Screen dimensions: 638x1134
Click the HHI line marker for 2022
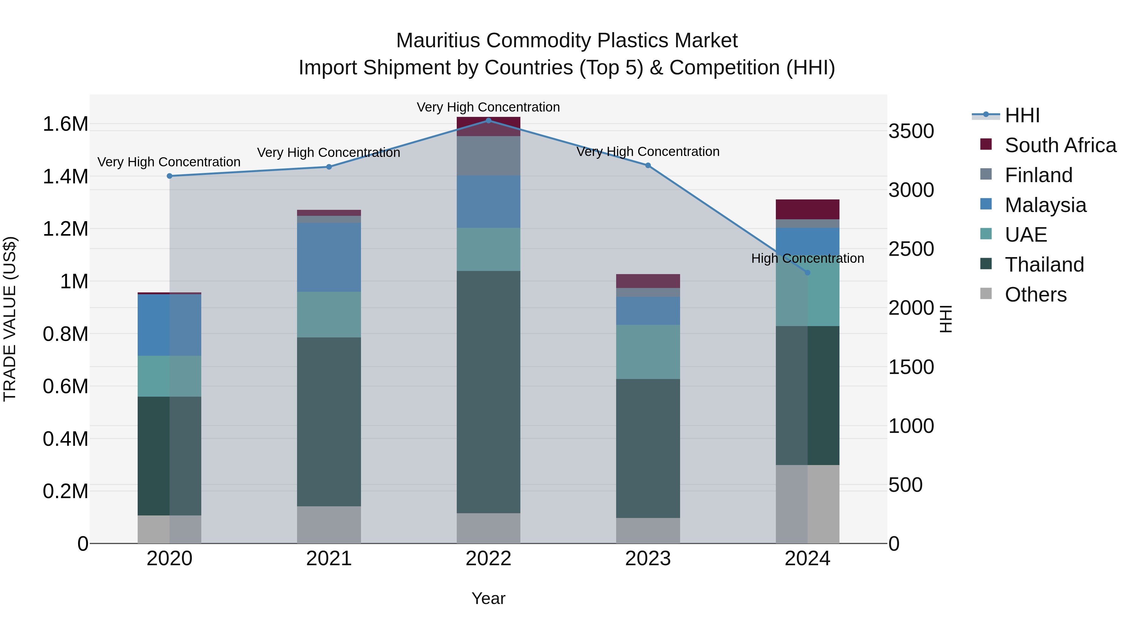(x=488, y=120)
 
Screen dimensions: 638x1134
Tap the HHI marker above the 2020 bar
(x=169, y=176)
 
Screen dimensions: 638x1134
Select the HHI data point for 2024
(x=807, y=273)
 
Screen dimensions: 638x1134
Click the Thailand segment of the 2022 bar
(x=488, y=392)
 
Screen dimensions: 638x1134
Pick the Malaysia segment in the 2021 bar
(x=329, y=257)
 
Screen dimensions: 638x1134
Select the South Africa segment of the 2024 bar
(x=807, y=209)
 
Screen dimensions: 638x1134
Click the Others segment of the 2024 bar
(x=807, y=504)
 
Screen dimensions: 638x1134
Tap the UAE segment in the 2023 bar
(x=648, y=352)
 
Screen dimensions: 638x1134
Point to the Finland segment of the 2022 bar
(x=488, y=156)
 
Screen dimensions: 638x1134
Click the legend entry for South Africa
(x=1060, y=145)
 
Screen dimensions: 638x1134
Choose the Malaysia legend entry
(x=1045, y=205)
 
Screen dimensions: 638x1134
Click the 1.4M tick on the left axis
(x=65, y=176)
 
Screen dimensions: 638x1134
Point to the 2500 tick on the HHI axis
(x=911, y=249)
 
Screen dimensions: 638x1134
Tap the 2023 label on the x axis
(x=648, y=559)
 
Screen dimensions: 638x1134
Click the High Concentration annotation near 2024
(x=807, y=258)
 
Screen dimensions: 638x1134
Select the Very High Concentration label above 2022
(x=488, y=107)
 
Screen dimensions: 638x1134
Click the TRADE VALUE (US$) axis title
(x=10, y=319)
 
